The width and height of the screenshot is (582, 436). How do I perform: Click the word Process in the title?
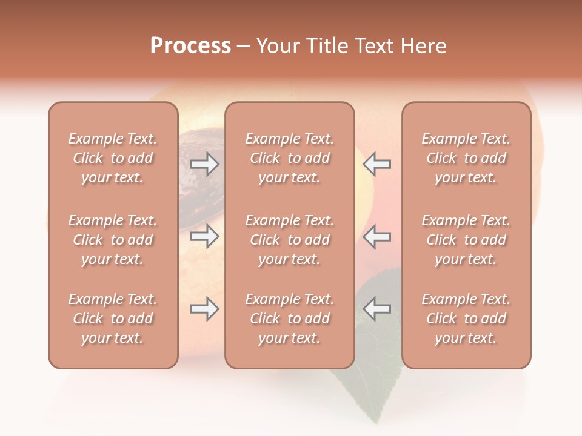(x=190, y=46)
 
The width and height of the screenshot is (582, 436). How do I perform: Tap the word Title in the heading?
(x=326, y=46)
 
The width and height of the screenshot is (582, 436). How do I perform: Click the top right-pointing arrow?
(x=205, y=164)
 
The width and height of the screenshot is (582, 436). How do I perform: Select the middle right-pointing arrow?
(x=205, y=236)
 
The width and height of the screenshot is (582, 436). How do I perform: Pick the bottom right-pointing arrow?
(x=205, y=309)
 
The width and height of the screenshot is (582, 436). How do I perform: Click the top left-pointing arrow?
(x=376, y=164)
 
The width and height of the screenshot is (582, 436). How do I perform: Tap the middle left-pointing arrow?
(x=376, y=236)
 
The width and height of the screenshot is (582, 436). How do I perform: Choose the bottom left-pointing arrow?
(x=376, y=309)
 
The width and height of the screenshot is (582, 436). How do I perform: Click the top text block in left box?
(x=113, y=158)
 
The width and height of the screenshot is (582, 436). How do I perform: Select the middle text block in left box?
(x=113, y=240)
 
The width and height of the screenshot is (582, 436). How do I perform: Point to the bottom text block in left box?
(x=113, y=319)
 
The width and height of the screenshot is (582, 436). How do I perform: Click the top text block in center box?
(x=290, y=158)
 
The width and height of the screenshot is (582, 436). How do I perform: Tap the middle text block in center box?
(x=290, y=240)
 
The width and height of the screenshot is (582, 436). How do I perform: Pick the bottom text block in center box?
(x=290, y=319)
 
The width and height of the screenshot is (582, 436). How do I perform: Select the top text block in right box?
(x=466, y=158)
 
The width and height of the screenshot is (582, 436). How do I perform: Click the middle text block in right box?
(x=466, y=240)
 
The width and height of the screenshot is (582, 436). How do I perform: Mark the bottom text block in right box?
(x=466, y=319)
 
